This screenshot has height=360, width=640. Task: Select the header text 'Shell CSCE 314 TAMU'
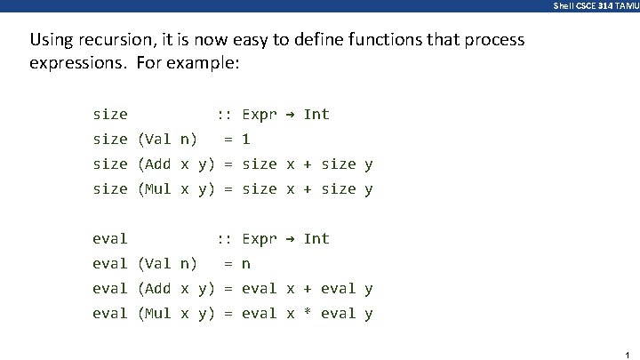(x=595, y=5)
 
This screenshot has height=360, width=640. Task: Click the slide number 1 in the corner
(x=627, y=353)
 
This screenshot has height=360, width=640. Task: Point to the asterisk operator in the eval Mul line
(x=308, y=314)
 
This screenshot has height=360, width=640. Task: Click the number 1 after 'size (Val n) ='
(x=246, y=140)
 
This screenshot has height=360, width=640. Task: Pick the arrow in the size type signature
(x=291, y=114)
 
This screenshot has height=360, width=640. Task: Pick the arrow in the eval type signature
(x=291, y=238)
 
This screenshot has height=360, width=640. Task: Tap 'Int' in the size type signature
(x=316, y=114)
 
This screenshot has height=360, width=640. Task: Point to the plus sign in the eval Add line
(x=308, y=289)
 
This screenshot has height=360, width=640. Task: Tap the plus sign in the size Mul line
(x=308, y=189)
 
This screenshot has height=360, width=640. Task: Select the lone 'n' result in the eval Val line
(x=246, y=264)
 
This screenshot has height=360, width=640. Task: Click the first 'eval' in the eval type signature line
(x=110, y=238)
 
